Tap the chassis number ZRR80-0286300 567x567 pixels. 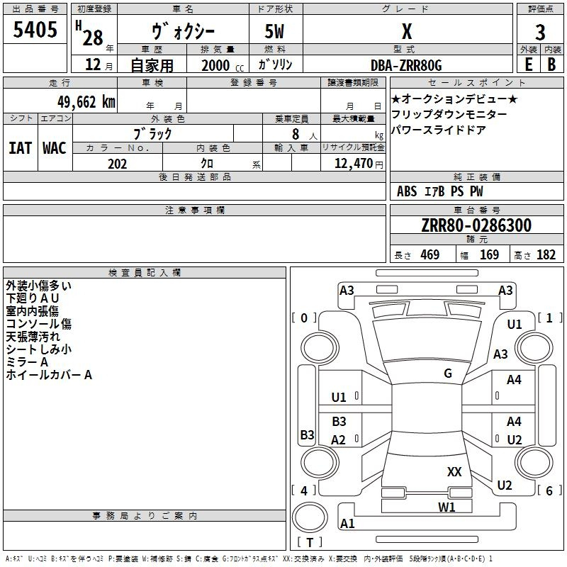click(476, 226)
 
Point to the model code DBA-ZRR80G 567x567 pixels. click(406, 65)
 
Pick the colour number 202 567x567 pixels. click(117, 164)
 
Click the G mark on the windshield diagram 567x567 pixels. click(448, 374)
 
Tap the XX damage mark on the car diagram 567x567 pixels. click(454, 471)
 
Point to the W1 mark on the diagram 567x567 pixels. click(447, 507)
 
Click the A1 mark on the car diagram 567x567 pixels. click(347, 524)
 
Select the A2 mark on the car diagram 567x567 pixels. click(339, 440)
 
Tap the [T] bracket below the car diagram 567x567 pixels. click(309, 543)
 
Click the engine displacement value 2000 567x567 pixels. click(215, 65)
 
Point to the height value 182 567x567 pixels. click(546, 255)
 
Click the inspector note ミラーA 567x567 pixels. click(27, 362)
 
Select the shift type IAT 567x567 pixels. click(20, 148)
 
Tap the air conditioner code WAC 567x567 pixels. click(54, 148)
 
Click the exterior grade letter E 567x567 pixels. click(528, 64)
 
